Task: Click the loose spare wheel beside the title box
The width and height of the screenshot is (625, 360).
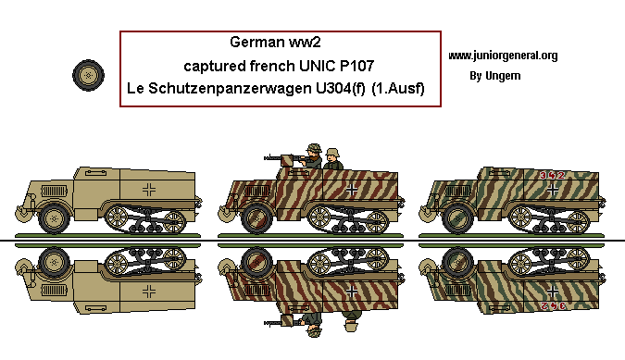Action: [88, 74]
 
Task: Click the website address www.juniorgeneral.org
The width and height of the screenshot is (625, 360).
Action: [503, 56]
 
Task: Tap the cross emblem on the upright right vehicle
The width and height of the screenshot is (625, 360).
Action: [553, 190]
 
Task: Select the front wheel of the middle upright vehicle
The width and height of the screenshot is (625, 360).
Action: [256, 219]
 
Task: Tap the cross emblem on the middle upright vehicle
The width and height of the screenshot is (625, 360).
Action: [353, 191]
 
